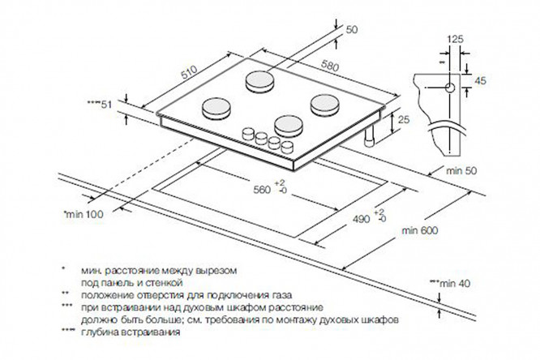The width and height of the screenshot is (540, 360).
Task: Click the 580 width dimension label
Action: pos(330,66)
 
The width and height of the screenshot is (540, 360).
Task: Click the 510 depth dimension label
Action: pos(189,72)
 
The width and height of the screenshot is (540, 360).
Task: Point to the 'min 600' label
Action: pos(420,230)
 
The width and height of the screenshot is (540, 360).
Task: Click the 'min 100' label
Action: pos(84,214)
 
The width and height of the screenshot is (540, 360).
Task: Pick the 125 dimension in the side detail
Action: pos(456,39)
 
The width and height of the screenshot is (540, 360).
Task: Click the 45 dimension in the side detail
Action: pos(481,80)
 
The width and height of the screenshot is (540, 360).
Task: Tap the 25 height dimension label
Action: pos(404,119)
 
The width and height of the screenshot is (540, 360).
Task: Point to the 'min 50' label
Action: pos(462,170)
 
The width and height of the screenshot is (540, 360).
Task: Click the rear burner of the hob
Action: pos(259,82)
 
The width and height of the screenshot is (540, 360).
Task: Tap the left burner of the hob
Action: pos(216,109)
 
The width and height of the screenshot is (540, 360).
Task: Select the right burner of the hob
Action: pos(324,105)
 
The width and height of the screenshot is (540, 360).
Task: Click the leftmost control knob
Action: pos(248,133)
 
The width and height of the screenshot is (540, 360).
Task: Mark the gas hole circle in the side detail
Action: pos(450,88)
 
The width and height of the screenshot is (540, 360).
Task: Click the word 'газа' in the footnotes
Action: pos(281,295)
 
